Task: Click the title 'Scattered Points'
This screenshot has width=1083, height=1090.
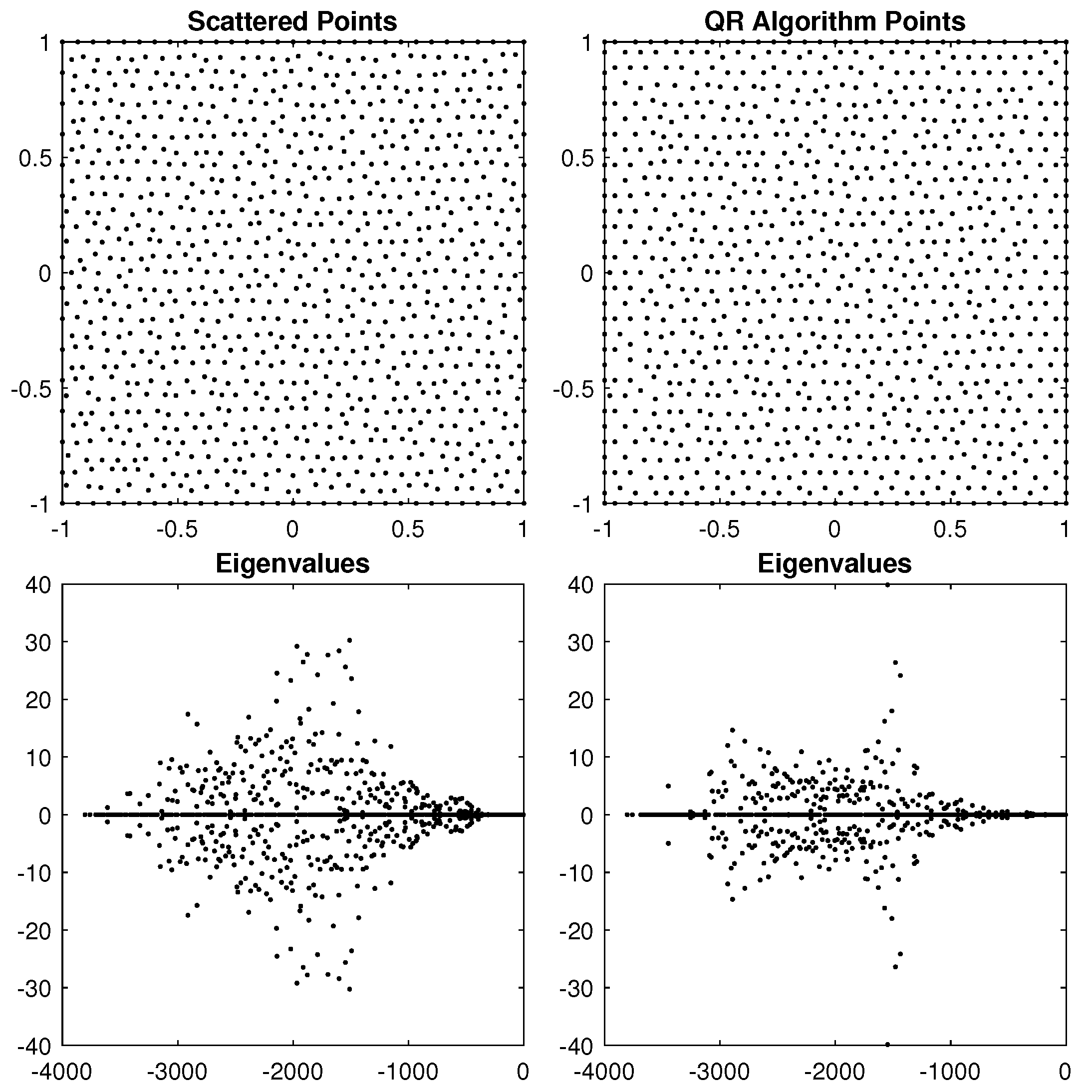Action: [292, 22]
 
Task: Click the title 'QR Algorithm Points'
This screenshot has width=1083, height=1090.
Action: [834, 22]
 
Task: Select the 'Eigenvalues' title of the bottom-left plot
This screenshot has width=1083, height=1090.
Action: [292, 563]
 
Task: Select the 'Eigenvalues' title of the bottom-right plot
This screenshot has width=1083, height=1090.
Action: [834, 563]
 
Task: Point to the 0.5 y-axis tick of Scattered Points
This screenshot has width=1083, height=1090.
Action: [35, 159]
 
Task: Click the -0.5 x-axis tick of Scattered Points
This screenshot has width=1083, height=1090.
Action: [177, 529]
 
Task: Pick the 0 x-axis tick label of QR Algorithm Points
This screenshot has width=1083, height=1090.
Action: [834, 529]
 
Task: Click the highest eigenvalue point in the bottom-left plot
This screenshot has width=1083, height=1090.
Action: [349, 640]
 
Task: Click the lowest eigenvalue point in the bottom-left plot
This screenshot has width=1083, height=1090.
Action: [349, 989]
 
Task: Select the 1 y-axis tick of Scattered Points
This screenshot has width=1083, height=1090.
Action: [45, 43]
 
